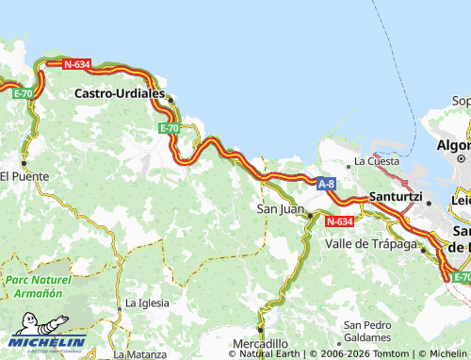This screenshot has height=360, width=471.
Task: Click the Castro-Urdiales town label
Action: [118, 95]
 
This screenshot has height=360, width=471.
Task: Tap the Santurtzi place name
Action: [396, 197]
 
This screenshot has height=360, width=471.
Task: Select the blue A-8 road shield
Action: [326, 185]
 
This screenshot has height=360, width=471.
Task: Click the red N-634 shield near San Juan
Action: [339, 221]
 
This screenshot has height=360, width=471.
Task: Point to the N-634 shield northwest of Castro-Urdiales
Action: [76, 64]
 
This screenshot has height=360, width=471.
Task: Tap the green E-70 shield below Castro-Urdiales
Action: [169, 128]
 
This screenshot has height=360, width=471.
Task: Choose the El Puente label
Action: [24, 175]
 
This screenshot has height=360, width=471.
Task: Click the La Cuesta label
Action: [376, 161]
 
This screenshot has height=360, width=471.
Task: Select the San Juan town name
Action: [280, 209]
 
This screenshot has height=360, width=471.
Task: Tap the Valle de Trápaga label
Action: [370, 243]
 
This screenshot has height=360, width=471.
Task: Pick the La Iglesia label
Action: [147, 303]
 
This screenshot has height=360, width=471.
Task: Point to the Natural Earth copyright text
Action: [268, 353]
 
